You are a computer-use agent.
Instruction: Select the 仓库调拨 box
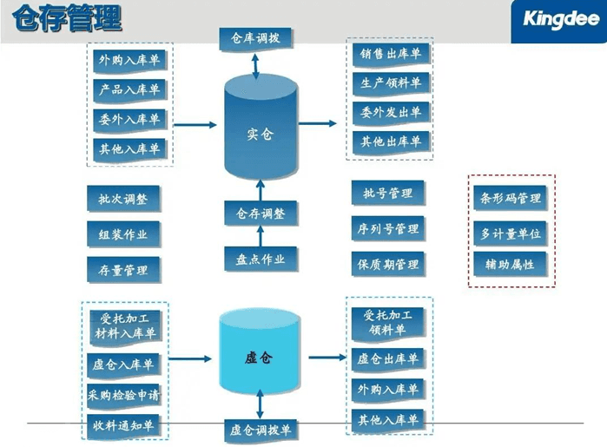click(x=255, y=39)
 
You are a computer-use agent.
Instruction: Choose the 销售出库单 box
click(x=390, y=55)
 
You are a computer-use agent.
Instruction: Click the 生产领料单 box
click(x=390, y=83)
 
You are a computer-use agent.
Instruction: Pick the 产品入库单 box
click(x=129, y=89)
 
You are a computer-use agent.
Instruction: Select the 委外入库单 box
click(x=129, y=119)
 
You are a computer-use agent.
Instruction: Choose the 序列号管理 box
click(x=387, y=229)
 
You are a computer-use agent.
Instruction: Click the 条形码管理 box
click(x=511, y=198)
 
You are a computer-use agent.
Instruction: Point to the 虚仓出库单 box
click(x=388, y=358)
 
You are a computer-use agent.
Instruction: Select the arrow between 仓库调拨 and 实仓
click(x=256, y=63)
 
